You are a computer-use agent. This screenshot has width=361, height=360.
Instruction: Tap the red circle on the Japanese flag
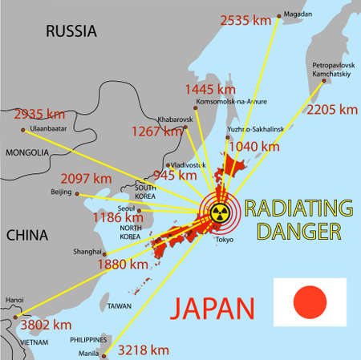point(310,301)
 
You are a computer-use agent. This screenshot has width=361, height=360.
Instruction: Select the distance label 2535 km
point(246,18)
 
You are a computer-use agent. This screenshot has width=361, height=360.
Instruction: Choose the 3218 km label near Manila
point(142,350)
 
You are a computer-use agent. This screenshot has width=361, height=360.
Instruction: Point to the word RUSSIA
point(71,31)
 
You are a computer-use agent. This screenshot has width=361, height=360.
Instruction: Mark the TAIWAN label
point(119,305)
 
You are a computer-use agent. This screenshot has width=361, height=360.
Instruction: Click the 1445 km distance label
point(210,88)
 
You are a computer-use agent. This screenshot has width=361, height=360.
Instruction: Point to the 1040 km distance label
point(254,146)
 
